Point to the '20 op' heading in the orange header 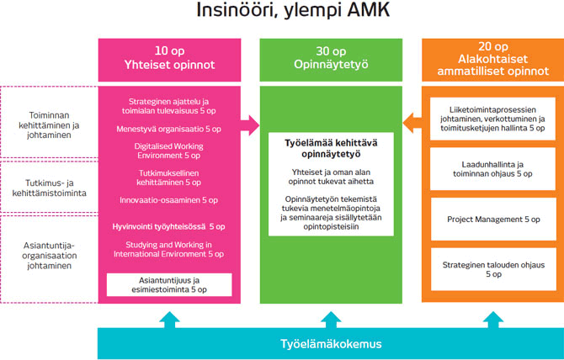[491, 46]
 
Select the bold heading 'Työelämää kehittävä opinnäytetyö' [329, 149]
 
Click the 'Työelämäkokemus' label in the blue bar [329, 343]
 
